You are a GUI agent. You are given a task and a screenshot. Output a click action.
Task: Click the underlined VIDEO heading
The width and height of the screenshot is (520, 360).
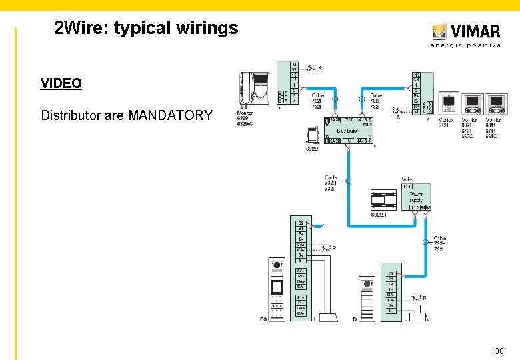tap(61, 83)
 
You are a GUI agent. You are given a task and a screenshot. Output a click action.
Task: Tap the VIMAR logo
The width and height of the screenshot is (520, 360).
tap(465, 32)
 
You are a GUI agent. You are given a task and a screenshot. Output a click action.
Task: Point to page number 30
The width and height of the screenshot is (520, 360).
tap(499, 351)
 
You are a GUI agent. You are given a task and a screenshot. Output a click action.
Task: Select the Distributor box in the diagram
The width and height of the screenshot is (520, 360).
tap(347, 131)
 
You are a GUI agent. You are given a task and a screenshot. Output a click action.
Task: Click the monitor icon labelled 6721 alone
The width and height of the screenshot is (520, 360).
tap(449, 103)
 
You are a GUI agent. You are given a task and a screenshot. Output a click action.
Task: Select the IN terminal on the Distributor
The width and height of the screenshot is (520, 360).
tap(347, 140)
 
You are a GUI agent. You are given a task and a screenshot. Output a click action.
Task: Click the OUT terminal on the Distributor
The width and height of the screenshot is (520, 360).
tap(348, 121)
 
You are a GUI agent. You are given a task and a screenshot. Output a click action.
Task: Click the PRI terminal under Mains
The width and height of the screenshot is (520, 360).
tap(407, 187)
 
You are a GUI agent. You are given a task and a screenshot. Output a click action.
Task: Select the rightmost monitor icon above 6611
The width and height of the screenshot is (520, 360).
tap(497, 103)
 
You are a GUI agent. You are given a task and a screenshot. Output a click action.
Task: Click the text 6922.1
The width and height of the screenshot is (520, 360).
tap(379, 215)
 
